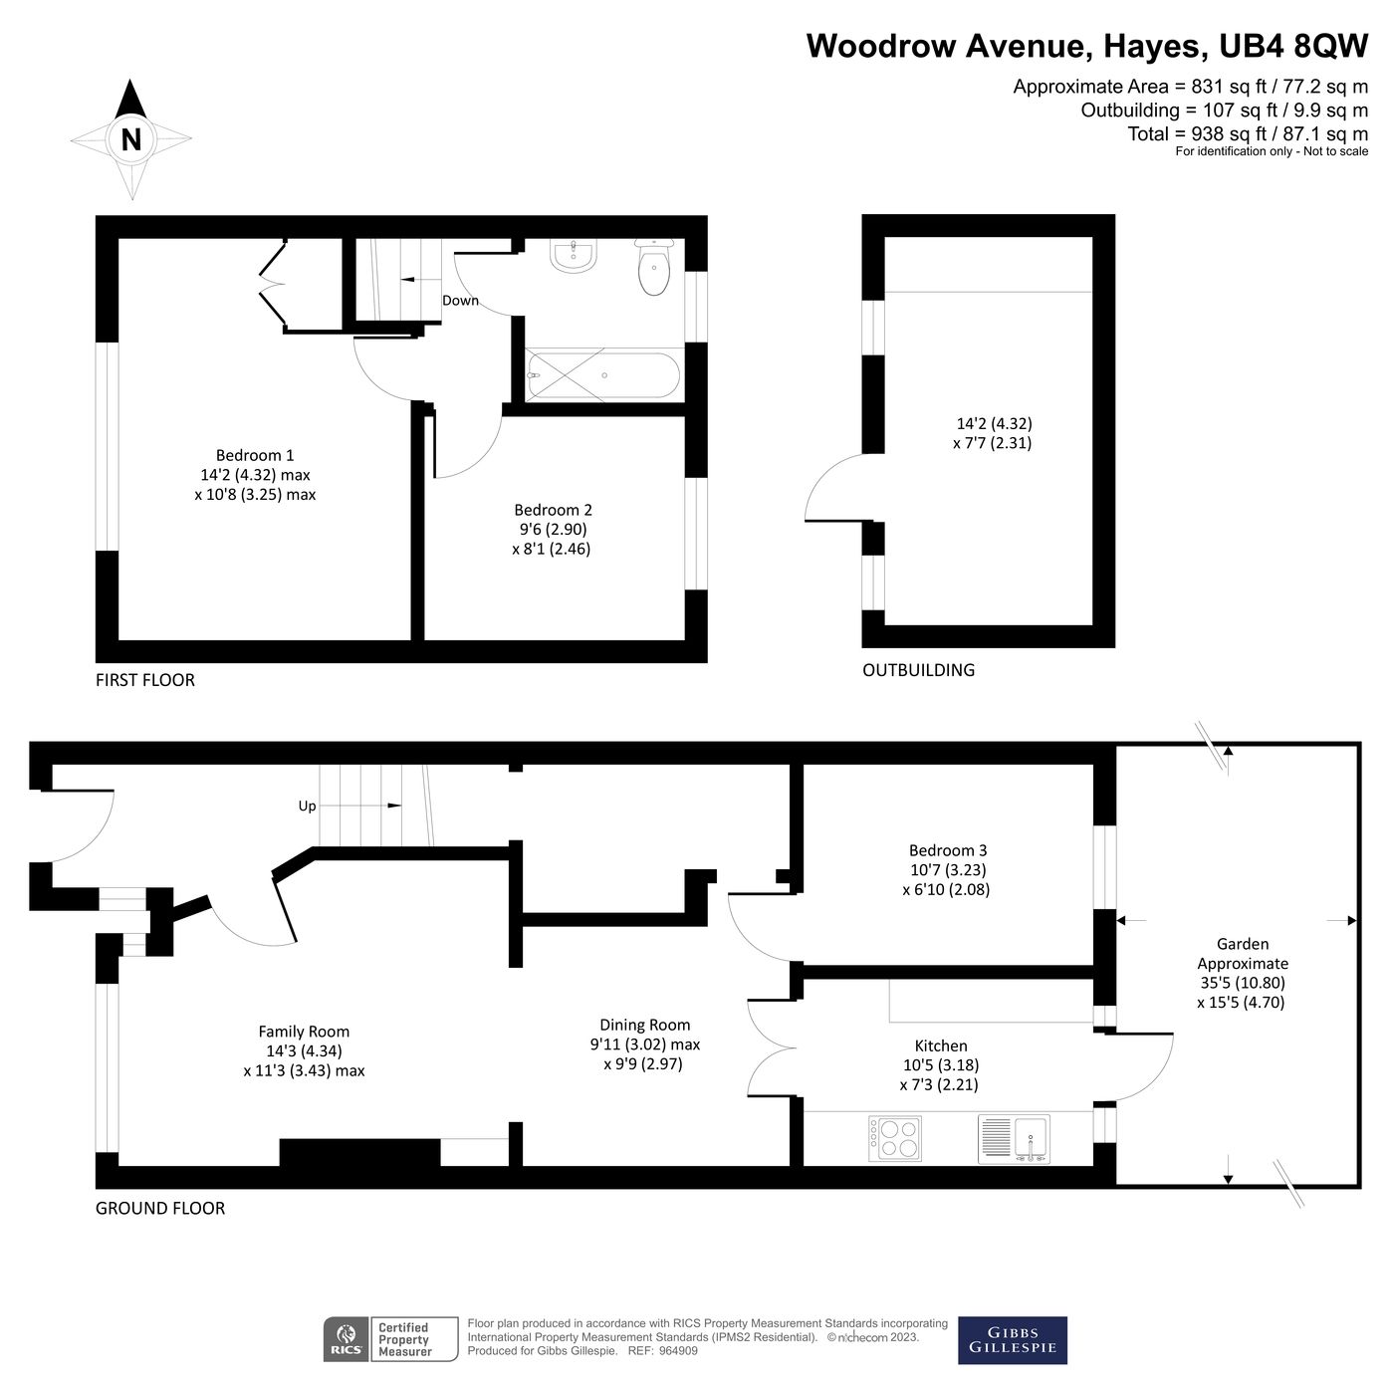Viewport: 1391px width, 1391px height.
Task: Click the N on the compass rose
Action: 130,139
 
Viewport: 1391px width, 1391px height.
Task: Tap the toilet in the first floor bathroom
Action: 653,270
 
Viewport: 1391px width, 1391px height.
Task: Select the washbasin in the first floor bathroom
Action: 574,257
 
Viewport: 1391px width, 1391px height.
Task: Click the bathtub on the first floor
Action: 602,375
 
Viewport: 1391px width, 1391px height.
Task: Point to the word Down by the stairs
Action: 460,301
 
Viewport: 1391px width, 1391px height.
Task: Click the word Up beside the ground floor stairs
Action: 307,806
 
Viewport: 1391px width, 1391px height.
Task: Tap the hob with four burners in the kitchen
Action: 895,1138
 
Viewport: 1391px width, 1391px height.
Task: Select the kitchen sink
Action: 1014,1138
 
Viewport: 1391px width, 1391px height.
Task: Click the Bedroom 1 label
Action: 255,456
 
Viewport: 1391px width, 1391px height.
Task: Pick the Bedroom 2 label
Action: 553,510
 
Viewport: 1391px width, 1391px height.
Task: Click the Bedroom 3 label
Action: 947,850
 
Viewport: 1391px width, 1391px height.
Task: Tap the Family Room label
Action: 304,1032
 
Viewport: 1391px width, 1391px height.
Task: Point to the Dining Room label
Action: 644,1025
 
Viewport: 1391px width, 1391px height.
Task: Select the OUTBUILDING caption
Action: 918,670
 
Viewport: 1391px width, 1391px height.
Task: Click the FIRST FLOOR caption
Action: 145,680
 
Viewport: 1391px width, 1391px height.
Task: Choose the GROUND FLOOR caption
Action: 160,1208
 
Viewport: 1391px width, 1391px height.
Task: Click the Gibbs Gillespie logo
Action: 1012,1340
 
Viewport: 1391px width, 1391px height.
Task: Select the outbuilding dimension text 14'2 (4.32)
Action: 994,423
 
